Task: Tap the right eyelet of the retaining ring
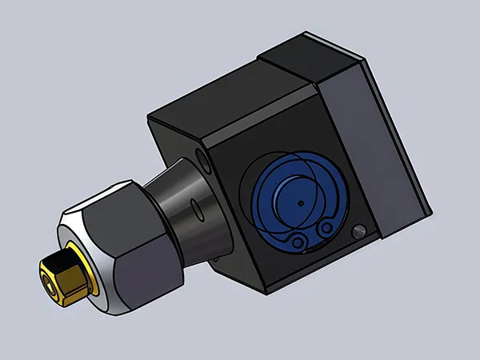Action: [326, 230]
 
